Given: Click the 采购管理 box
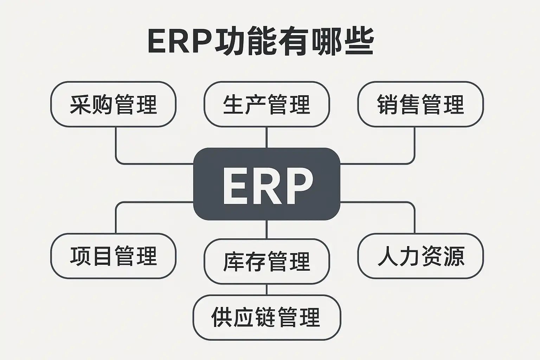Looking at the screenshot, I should click(113, 104).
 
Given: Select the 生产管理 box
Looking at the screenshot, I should click(266, 104).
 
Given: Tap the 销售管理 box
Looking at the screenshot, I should click(420, 104).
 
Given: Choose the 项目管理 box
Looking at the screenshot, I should click(113, 256).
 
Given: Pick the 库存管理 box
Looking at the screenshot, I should click(266, 261).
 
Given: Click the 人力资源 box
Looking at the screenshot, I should click(420, 256).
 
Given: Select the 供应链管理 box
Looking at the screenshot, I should click(266, 317).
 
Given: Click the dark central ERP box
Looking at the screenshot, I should click(266, 184).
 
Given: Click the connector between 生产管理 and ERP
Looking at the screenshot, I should click(266, 137).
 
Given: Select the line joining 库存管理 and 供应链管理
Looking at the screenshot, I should click(266, 289).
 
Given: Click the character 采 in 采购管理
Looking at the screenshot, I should click(81, 104).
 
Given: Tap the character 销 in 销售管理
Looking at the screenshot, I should click(388, 104).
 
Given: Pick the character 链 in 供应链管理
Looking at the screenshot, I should click(266, 317).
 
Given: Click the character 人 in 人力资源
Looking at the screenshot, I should click(388, 256).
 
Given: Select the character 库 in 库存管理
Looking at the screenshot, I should click(234, 261).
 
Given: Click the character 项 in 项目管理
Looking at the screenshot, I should click(81, 256).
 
